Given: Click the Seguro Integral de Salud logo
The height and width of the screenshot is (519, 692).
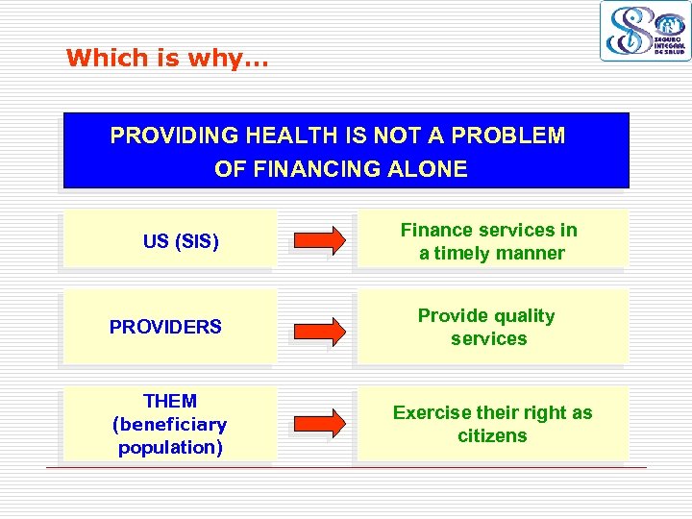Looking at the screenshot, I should pyautogui.click(x=645, y=31).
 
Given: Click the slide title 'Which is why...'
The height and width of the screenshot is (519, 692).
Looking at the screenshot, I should pyautogui.click(x=167, y=58).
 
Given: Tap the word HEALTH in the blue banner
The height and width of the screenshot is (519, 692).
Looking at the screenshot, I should pyautogui.click(x=290, y=136).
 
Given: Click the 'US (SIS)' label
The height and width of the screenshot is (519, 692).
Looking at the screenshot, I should pyautogui.click(x=181, y=242).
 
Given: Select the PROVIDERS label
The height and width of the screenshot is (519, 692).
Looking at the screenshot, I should pyautogui.click(x=165, y=327).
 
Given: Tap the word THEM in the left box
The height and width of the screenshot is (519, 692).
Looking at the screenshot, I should pyautogui.click(x=169, y=401).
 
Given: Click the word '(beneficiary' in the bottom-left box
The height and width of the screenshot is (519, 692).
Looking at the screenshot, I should pyautogui.click(x=169, y=424).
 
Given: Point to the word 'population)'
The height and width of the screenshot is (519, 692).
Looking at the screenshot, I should pyautogui.click(x=169, y=447).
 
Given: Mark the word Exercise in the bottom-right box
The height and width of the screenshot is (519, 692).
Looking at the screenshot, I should pyautogui.click(x=432, y=412).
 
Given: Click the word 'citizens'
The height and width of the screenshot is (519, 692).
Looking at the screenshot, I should pyautogui.click(x=492, y=435).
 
